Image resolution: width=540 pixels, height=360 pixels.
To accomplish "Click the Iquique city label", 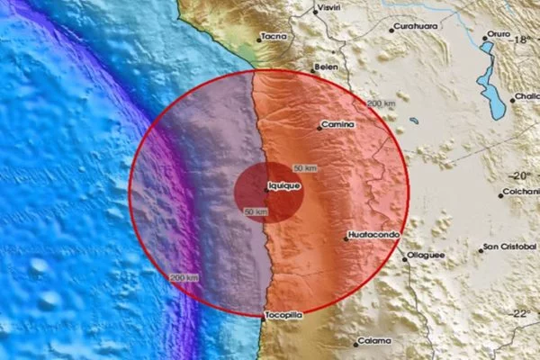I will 283,187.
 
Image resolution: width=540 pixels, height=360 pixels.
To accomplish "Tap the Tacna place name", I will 273,37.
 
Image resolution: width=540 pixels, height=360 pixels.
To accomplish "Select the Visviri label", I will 329,8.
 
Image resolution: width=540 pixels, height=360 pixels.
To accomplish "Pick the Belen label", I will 326,67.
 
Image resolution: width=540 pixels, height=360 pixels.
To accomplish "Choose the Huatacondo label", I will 372,238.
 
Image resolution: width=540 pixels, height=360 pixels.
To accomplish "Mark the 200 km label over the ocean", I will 184,276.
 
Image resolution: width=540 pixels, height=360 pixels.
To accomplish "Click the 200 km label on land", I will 381,104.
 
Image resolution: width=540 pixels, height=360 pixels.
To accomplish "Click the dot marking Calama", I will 354,341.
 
